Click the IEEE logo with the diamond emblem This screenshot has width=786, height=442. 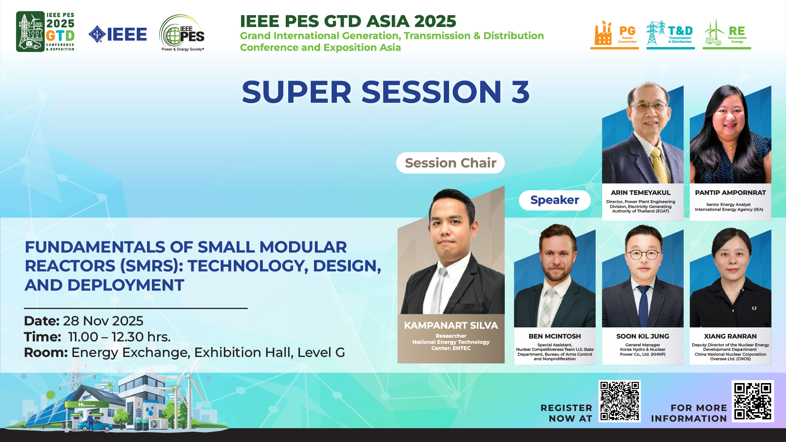point(117,34)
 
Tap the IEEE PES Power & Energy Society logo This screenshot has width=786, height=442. point(182,33)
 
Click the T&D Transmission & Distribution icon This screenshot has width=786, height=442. point(670,34)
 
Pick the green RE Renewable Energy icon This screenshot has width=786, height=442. point(727,34)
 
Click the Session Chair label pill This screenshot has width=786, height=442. point(450,163)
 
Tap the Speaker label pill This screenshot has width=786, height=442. point(555,200)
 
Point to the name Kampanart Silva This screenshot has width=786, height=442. point(451,325)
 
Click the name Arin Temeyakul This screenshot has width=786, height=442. point(641,193)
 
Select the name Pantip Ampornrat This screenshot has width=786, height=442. point(730,193)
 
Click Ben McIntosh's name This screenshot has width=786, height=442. point(555,336)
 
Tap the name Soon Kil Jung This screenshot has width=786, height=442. point(643,336)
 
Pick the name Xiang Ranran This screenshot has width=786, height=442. point(730,336)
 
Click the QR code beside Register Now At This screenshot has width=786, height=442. point(619,401)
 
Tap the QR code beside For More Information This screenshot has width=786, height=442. point(753,401)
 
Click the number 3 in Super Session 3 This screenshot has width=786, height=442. point(520,92)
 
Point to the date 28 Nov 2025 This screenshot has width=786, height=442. point(103,321)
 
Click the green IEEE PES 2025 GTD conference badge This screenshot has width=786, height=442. point(45,32)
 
